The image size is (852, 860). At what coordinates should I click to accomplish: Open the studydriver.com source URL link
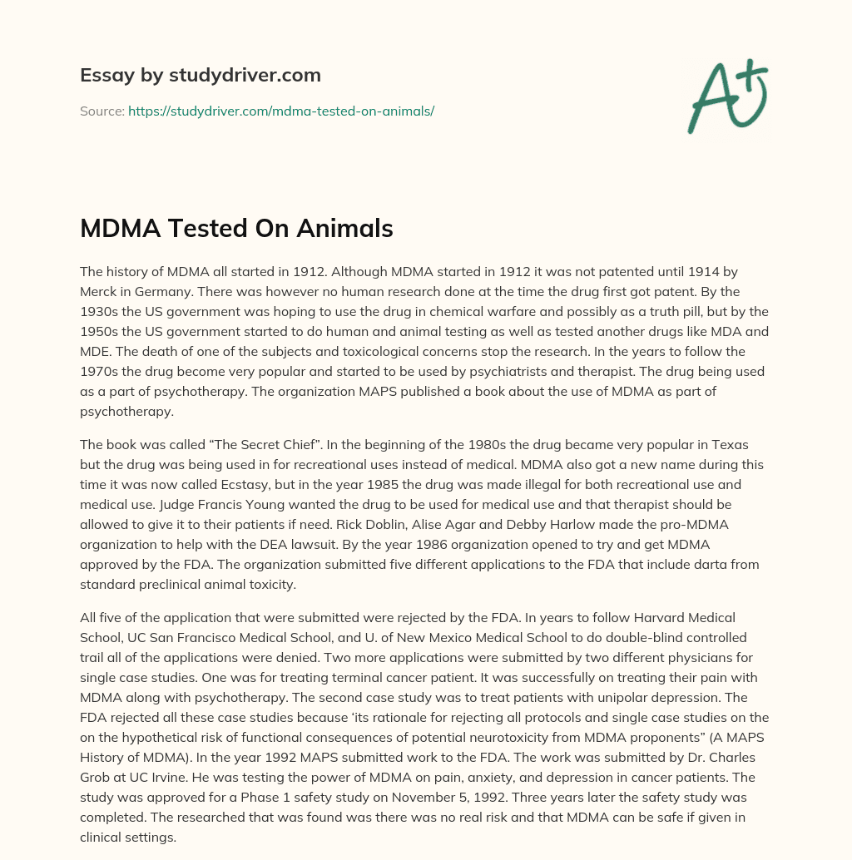pyautogui.click(x=281, y=111)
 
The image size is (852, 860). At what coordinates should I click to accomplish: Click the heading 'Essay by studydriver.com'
pyautogui.click(x=200, y=75)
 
